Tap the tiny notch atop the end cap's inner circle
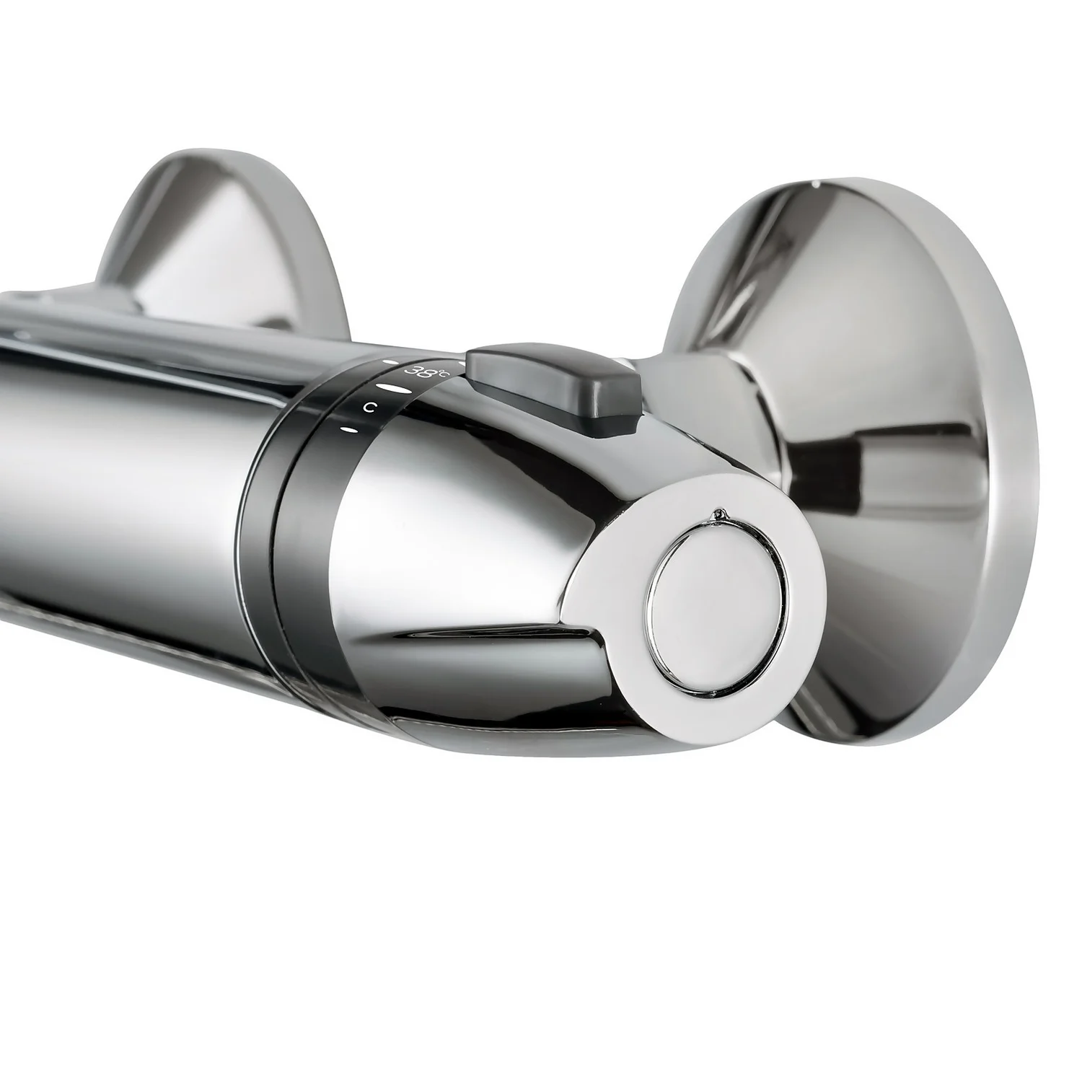click(718, 514)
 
